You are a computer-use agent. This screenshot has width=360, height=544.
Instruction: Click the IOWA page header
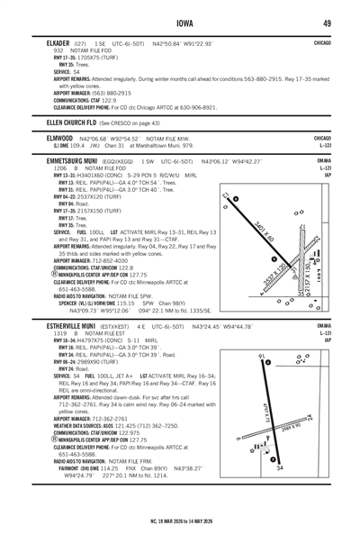click(x=180, y=22)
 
